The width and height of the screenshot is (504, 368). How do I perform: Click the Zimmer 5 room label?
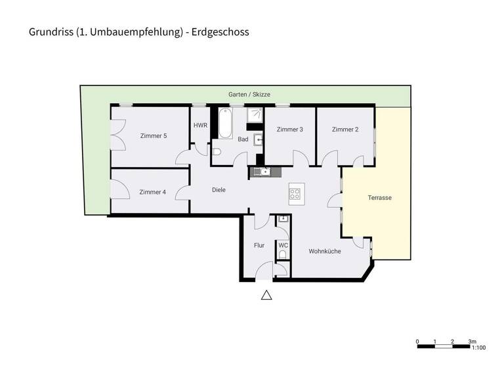tap(154, 136)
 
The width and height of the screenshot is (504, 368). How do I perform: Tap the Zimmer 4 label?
tap(152, 192)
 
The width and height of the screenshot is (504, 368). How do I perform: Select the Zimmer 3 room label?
tap(289, 129)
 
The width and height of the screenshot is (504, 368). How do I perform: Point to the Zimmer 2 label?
tap(345, 129)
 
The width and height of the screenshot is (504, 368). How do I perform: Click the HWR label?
tap(199, 126)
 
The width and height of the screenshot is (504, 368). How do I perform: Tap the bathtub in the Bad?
tap(225, 123)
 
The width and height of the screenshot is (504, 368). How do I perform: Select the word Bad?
tap(243, 139)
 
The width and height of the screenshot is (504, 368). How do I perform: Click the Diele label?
tap(219, 190)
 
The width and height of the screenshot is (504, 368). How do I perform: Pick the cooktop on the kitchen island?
tap(295, 194)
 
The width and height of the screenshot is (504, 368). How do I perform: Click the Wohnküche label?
tap(325, 250)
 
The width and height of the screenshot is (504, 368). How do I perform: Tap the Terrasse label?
tap(379, 197)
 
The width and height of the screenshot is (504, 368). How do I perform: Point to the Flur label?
tap(259, 245)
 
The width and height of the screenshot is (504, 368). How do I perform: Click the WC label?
tap(283, 245)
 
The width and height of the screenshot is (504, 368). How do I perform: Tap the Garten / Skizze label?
tap(245, 95)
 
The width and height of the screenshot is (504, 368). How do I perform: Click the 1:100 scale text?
tap(480, 348)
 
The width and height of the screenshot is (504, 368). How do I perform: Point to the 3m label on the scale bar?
tap(472, 341)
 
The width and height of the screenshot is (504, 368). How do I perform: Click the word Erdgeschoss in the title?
tap(221, 32)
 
